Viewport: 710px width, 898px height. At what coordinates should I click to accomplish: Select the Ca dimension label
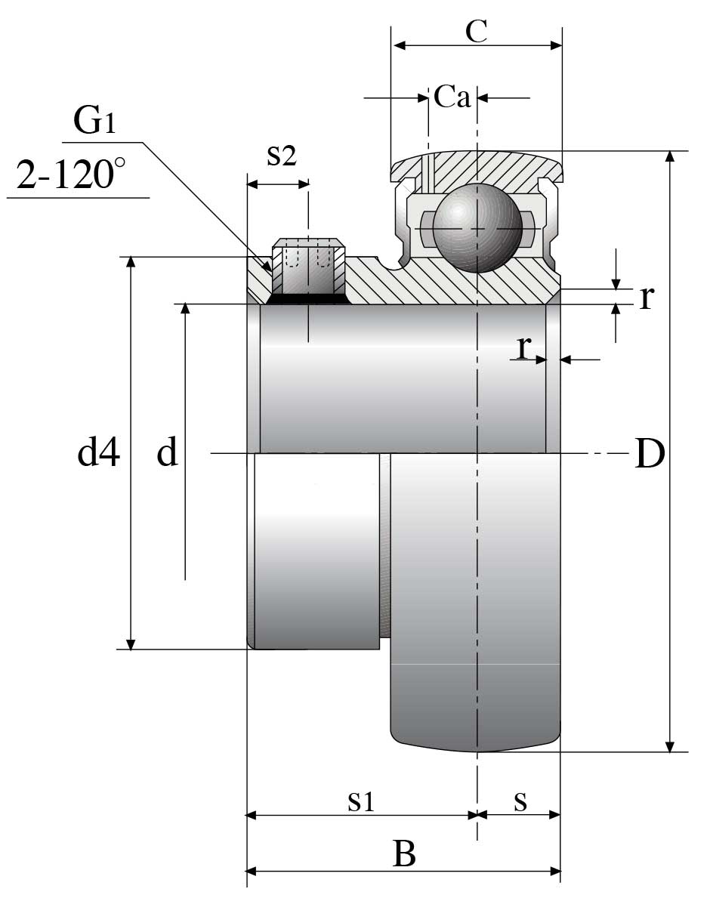point(452,97)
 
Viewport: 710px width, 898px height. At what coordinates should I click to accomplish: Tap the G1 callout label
point(94,121)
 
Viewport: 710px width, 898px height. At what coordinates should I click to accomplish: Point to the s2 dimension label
point(281,156)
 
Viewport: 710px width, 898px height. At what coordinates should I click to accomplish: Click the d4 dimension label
point(99,453)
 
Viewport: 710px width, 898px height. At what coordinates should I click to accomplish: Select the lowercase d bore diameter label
point(167,453)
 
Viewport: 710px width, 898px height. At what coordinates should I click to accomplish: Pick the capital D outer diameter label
point(649,454)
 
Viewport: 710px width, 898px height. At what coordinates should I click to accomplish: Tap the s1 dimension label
point(361,801)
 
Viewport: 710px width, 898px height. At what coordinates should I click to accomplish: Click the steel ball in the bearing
point(477,227)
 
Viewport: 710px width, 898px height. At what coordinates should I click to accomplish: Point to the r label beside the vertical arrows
point(646,298)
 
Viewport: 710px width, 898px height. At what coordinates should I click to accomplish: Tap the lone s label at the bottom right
point(520,801)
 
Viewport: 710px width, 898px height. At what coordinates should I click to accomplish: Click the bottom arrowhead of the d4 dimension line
point(131,643)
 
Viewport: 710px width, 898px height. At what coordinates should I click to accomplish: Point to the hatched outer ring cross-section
point(491,168)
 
